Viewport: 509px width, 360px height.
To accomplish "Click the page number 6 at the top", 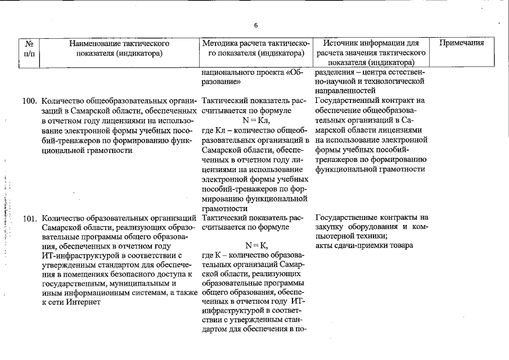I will point(255,25).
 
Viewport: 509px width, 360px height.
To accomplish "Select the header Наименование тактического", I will point(119,43).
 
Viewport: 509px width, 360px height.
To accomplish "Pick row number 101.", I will point(29,218).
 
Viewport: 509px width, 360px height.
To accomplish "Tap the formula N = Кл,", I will point(256,120).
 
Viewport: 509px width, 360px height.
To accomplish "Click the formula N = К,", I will point(256,245).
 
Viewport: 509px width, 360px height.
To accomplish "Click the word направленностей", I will point(345,91).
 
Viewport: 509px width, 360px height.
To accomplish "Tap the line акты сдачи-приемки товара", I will point(364,245).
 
